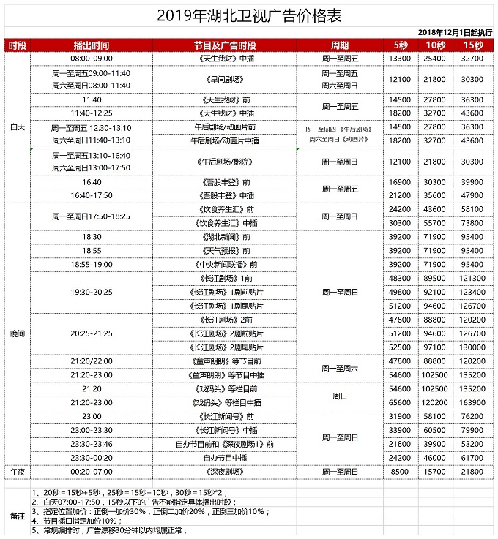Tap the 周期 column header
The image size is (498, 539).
pos(340,45)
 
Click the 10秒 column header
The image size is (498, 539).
pos(435,45)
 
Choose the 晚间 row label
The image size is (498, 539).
pos(17,333)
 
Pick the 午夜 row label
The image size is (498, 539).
pos(17,472)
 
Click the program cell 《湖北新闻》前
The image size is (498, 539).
pos(225,237)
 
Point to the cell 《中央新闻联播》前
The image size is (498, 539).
pos(225,264)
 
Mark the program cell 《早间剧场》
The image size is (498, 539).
pos(225,79)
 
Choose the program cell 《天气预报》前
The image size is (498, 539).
pos(225,251)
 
